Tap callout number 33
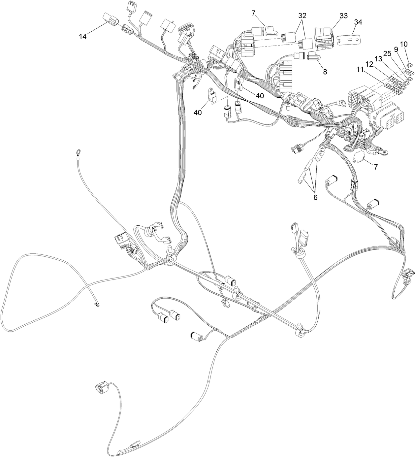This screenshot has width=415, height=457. tap(343, 16)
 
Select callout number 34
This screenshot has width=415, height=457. tap(358, 22)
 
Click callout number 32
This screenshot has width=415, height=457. tap(302, 16)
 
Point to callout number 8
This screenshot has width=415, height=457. tap(325, 72)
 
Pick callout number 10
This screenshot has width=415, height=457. tap(404, 44)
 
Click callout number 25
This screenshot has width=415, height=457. tap(387, 53)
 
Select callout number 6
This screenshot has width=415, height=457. tap(315, 197)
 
